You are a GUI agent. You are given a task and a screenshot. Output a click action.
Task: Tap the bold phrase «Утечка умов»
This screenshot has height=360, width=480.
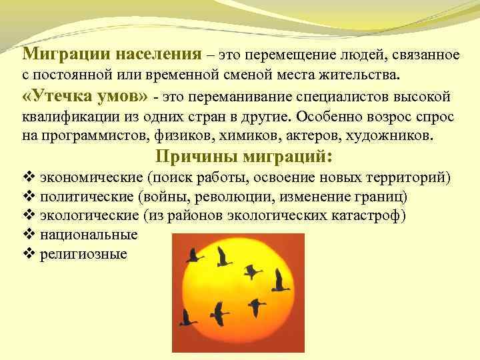pos(85,97)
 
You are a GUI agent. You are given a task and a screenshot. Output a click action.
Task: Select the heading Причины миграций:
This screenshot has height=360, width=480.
pos(244,157)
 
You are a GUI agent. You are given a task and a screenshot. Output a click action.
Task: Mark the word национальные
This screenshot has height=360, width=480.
pos(89,235)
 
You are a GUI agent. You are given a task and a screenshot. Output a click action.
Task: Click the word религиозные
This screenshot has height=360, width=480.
pos(83,254)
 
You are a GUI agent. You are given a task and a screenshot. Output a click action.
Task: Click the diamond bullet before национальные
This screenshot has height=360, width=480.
pos(27,235)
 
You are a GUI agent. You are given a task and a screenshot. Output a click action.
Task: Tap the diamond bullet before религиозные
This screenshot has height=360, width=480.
pos(27,254)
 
